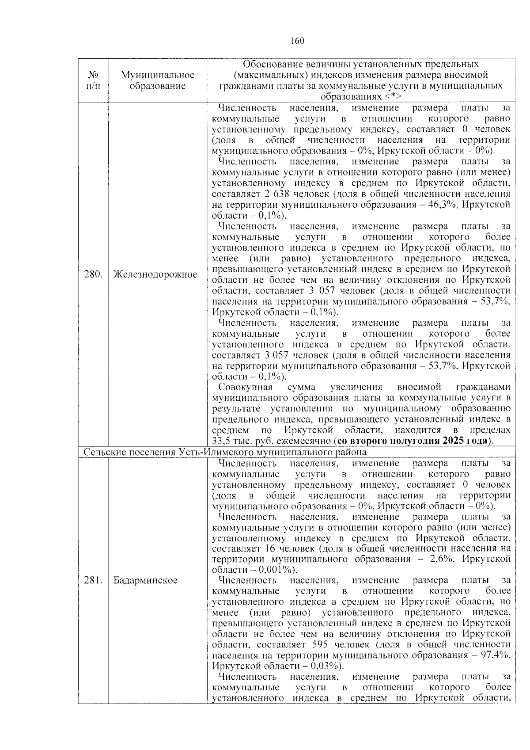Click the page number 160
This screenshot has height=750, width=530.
297,41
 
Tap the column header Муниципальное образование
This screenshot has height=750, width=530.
157,80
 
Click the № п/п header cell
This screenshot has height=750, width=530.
93,80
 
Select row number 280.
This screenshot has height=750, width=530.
93,274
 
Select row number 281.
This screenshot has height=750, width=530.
93,580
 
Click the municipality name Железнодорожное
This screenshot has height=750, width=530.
155,274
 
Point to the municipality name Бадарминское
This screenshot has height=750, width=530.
145,580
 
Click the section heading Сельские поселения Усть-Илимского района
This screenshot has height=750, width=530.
225,453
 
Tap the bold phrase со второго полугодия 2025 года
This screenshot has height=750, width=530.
413,441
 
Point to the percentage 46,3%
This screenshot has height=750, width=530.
453,205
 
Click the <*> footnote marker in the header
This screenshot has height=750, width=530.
392,96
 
